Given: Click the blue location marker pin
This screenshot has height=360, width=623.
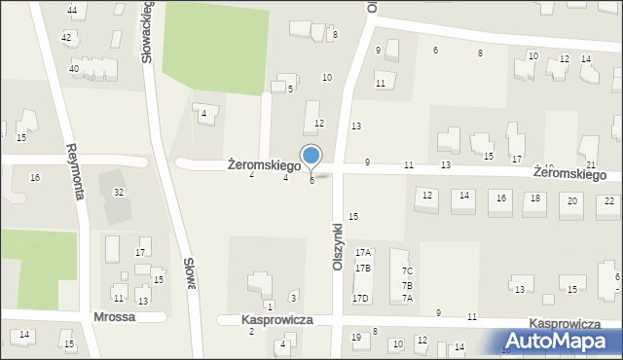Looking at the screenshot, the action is tap(311, 156).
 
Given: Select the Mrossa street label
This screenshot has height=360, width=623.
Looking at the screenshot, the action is tap(113, 317).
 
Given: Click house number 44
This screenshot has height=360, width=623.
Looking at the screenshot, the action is tap(72, 10).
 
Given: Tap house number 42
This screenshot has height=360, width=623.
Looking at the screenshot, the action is tap(66, 37).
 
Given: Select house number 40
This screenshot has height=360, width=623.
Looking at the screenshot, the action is tap(74, 69).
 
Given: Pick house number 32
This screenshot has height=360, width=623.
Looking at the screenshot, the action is tap(119, 193).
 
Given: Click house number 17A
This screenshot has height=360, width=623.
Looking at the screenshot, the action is tap(363, 253).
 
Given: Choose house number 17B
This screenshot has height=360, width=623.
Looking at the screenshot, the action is tap(363, 268).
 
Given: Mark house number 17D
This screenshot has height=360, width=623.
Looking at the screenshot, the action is tap(361, 298).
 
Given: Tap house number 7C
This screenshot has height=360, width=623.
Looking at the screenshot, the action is tap(407, 270).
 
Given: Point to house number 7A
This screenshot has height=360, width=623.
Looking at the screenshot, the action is tap(407, 299).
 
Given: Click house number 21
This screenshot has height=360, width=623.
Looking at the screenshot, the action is tap(591, 166).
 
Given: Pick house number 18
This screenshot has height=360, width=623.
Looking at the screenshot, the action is tap(535, 198).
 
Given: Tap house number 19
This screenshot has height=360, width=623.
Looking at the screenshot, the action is tap(355, 338).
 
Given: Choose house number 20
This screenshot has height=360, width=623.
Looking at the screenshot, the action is tap(573, 200).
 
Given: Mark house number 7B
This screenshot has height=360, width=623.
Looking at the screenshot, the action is tap(407, 285).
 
